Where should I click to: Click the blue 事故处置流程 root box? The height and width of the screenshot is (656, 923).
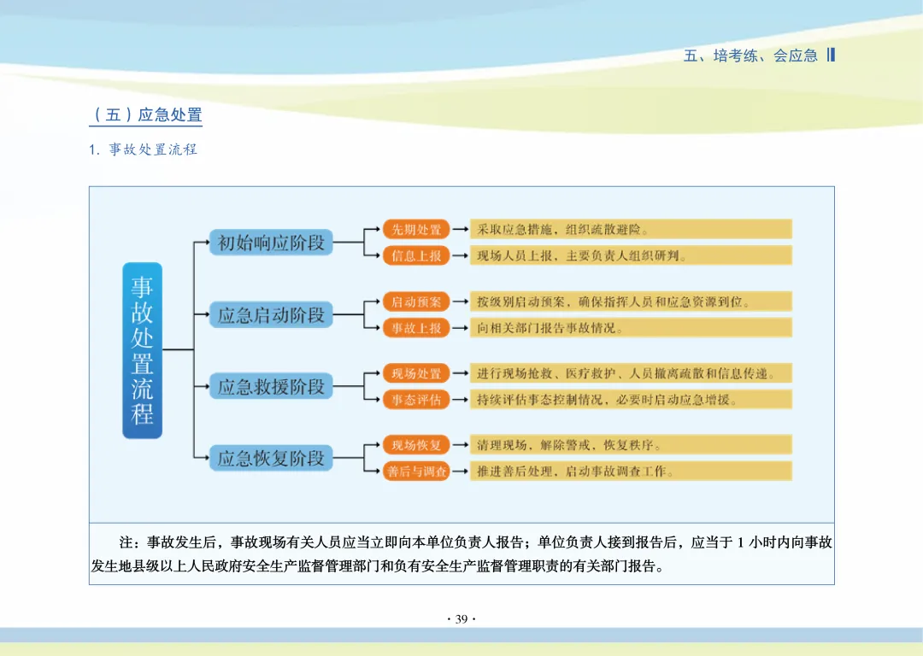[142, 350]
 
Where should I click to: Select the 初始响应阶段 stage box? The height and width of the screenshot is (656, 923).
[271, 243]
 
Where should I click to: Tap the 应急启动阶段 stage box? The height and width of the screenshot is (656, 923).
[271, 315]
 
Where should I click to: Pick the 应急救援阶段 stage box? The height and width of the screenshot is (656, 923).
[271, 387]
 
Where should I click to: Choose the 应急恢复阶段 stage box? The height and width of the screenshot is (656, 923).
[271, 459]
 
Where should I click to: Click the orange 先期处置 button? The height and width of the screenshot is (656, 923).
[416, 229]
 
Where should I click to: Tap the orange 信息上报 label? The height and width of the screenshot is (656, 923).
[416, 255]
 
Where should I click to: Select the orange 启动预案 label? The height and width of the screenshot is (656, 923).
[416, 302]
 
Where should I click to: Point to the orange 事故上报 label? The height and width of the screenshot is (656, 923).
[416, 328]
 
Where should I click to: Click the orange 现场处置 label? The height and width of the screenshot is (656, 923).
[416, 373]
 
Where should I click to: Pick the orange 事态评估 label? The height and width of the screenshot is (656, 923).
[416, 400]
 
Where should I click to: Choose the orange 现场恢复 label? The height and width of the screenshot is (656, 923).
[416, 445]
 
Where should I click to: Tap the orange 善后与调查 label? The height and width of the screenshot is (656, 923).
[416, 471]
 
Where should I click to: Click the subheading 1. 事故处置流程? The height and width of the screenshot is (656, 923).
[144, 149]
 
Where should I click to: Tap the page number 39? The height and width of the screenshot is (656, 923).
[461, 619]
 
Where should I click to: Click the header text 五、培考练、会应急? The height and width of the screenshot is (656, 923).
[751, 56]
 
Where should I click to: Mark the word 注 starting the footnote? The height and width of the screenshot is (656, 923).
[127, 542]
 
